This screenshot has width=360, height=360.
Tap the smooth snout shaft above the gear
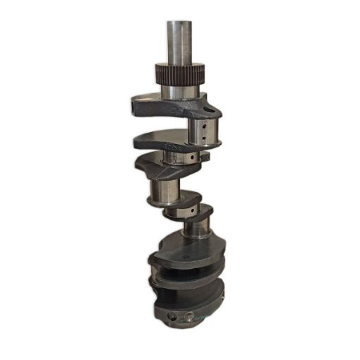coord(179,42)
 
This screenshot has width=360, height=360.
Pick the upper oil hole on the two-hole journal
coord(203,126)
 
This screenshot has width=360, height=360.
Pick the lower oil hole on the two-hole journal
coord(204,138)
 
